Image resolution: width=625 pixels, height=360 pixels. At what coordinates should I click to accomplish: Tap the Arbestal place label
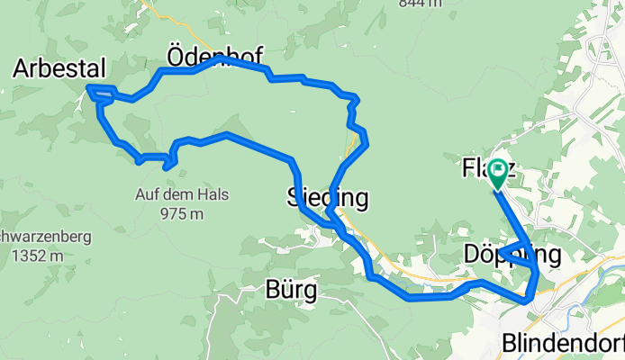click(59, 68)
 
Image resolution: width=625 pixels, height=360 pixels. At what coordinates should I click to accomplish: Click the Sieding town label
click(328, 196)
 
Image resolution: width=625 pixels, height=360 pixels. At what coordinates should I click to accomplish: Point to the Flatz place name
click(477, 168)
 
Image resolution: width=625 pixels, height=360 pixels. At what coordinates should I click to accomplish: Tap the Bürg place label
click(291, 291)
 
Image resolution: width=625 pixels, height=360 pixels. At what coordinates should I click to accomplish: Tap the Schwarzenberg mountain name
click(27, 237)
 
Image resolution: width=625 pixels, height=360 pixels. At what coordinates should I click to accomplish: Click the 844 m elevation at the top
click(421, 4)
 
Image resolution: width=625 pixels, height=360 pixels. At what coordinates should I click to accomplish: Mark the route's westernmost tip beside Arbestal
click(88, 88)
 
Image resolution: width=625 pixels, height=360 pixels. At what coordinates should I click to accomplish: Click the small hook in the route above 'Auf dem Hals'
click(170, 162)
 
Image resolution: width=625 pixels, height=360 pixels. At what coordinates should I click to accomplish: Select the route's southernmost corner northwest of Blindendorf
click(526, 301)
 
